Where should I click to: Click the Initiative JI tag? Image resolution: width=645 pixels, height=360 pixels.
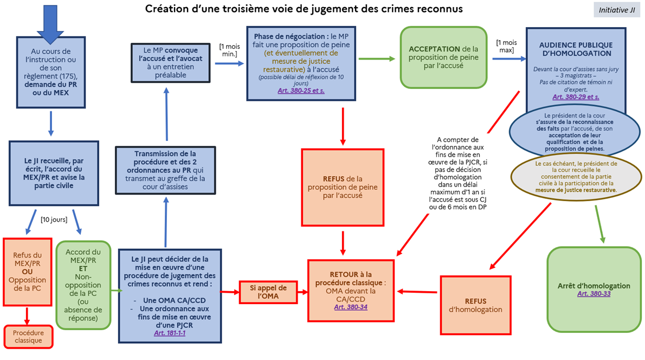[617, 10]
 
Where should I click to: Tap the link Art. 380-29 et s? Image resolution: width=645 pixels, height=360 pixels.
[576, 97]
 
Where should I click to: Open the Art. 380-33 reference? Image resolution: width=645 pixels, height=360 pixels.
[594, 293]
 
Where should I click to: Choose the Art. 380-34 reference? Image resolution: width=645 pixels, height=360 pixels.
[351, 307]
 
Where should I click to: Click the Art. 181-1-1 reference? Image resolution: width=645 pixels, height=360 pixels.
[170, 332]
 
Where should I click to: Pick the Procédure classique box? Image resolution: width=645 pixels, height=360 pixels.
[28, 336]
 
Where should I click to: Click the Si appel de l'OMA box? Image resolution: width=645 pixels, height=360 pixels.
[268, 291]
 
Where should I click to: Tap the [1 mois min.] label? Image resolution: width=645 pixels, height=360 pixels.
[230, 50]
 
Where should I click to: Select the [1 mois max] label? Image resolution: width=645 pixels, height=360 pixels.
[506, 46]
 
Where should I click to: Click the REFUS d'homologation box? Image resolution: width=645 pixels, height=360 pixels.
[475, 305]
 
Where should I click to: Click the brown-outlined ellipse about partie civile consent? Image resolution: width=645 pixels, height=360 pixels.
[576, 176]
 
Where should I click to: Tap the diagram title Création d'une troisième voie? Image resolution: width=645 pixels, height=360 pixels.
[304, 9]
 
